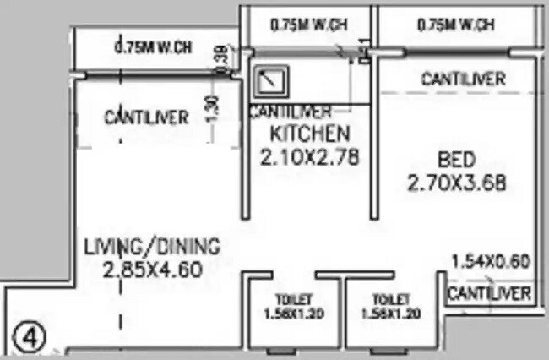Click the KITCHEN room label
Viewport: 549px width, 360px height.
[x=308, y=133]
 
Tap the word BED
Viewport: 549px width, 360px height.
[x=456, y=159]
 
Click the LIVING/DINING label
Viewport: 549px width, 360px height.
[x=152, y=247]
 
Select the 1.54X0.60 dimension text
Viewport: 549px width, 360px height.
[x=490, y=261]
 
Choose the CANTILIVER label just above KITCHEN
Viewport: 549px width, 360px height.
[x=289, y=112]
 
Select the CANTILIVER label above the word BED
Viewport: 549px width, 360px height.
[x=463, y=79]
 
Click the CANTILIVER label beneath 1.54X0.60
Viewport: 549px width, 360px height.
[x=489, y=293]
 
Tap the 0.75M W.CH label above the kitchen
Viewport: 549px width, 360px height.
[x=308, y=26]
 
